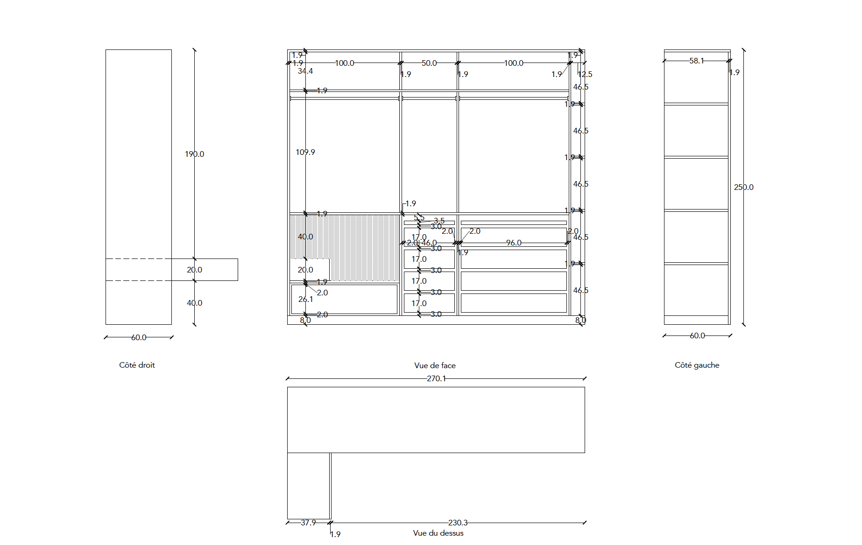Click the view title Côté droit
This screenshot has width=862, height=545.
point(137,365)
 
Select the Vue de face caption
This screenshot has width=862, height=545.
point(435,365)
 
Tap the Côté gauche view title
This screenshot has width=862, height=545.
point(697,365)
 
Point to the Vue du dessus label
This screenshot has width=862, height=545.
point(438,533)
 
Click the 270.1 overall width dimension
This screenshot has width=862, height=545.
point(436,378)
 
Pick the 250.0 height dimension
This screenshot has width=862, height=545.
point(743,187)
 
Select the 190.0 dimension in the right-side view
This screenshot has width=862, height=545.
point(194,154)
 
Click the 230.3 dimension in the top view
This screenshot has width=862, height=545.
point(458,523)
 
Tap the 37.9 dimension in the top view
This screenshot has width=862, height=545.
point(308,523)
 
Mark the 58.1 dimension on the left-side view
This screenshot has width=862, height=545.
point(696,61)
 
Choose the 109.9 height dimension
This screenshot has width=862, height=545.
point(305,152)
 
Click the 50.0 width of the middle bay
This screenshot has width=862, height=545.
point(429,63)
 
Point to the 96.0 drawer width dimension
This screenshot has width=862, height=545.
point(514,243)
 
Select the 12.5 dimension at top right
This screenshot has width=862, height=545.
point(585,74)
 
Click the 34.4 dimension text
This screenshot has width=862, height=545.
point(305,71)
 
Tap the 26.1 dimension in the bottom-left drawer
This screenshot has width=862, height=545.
point(306,299)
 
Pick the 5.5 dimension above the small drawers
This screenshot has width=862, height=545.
point(419,217)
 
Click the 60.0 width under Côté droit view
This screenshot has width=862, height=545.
point(139,337)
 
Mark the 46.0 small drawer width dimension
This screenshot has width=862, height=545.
point(429,243)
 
